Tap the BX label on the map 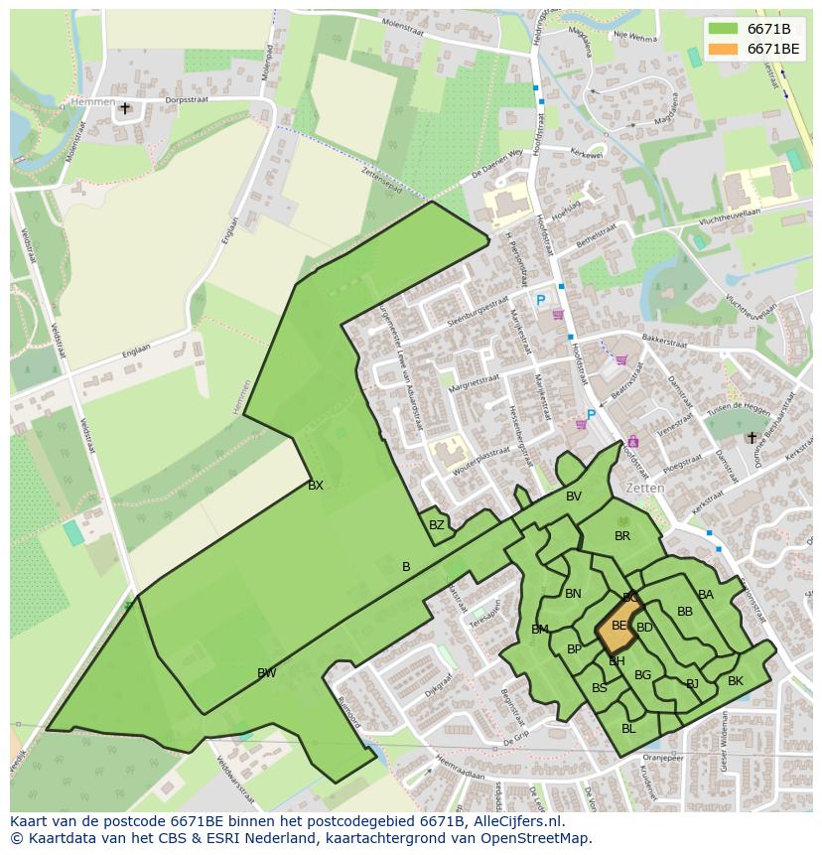(316, 486)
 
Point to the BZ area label (437, 525)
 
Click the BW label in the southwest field (266, 673)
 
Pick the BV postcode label (574, 497)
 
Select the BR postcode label (622, 536)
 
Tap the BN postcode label (573, 594)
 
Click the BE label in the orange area (619, 626)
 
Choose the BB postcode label (685, 612)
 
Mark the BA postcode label (706, 595)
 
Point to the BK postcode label (736, 681)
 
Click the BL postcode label (628, 728)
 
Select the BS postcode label (600, 688)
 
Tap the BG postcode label (642, 675)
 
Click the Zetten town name (645, 489)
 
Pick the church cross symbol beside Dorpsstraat (125, 107)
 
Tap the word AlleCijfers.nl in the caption (517, 821)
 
